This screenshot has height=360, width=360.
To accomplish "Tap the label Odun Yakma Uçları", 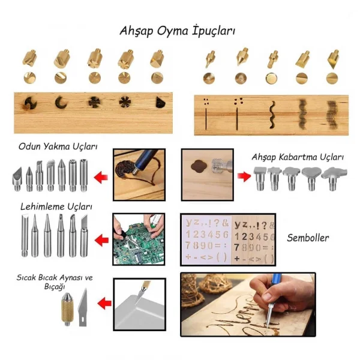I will tap(58, 146).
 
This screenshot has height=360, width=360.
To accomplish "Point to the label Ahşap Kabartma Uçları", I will tap(298, 157).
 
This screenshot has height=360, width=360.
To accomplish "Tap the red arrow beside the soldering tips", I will tap(103, 239).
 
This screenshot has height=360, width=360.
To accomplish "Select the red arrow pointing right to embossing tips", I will tap(242, 178).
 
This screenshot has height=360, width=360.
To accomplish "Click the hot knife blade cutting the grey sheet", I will tap(142, 294).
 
